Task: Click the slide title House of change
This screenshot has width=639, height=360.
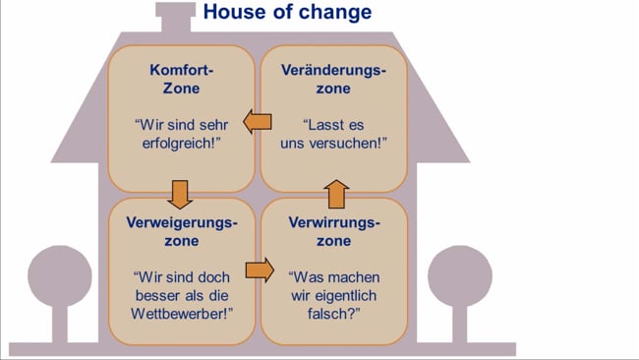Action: [286, 13]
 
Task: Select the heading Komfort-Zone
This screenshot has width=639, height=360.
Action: [182, 80]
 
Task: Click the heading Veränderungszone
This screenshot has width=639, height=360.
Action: [333, 80]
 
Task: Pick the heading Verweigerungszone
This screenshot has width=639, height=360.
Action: [182, 231]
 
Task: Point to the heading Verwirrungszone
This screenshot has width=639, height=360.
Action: [333, 231]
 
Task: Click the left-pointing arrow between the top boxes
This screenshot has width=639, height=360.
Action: [258, 122]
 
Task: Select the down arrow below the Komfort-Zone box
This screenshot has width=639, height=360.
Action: [179, 191]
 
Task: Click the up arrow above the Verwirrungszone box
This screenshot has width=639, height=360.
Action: [336, 191]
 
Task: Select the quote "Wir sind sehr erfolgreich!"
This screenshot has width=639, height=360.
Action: [182, 135]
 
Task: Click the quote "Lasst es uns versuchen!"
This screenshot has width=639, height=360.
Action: [333, 135]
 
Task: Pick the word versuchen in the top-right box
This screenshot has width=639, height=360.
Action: [352, 145]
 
